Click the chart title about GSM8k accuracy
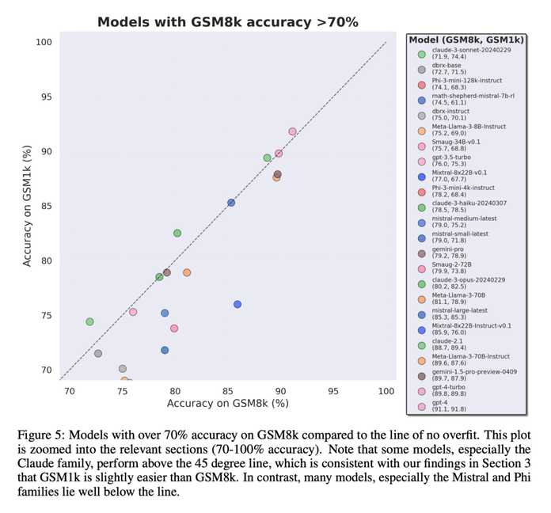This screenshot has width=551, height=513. pos(227,21)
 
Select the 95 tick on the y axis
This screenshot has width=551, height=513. pos(46,97)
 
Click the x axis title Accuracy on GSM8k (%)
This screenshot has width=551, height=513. pos(227,404)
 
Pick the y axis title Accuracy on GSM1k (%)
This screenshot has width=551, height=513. pos(28,206)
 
